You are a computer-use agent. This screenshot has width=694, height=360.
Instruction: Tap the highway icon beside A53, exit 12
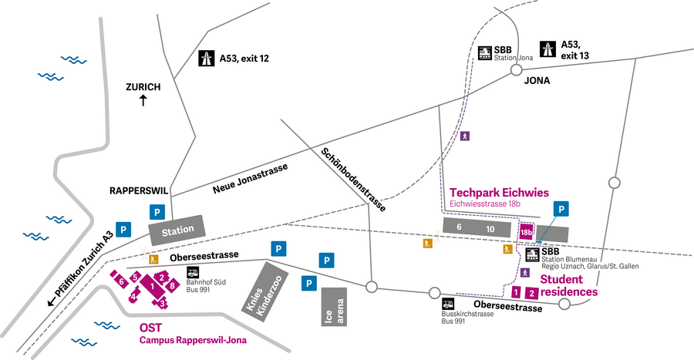point(207,58)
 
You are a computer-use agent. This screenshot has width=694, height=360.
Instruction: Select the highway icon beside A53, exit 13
point(548,50)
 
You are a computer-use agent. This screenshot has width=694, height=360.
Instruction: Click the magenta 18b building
point(527,231)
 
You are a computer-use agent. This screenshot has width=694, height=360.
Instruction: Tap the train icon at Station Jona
point(485,54)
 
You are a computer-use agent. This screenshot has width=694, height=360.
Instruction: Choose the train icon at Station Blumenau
point(532,255)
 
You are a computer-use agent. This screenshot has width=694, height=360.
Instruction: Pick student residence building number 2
point(531,293)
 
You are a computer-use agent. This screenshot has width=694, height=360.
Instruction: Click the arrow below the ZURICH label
point(143,101)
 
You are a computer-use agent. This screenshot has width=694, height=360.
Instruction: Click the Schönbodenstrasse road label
point(352,177)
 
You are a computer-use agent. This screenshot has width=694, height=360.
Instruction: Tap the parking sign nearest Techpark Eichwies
point(563,209)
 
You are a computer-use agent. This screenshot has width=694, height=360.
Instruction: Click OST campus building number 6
point(122,283)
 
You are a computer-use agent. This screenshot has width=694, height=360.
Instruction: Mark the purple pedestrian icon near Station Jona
point(464,136)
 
